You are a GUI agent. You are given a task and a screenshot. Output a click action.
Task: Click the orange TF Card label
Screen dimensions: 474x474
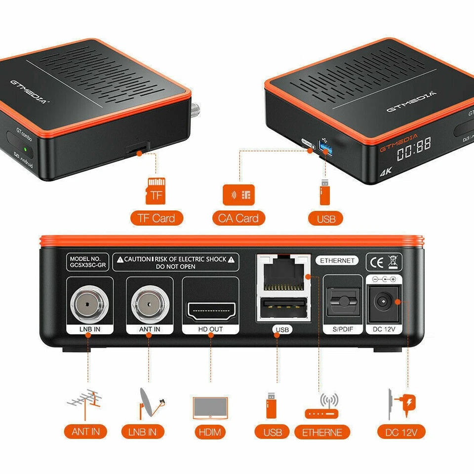click(x=157, y=218)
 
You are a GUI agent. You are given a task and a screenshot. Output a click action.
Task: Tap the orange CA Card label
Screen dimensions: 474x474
click(x=239, y=218)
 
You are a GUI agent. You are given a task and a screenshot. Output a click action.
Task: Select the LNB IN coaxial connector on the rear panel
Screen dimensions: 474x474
click(x=88, y=303)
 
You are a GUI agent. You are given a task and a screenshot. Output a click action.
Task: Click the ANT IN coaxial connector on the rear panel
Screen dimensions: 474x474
click(x=150, y=303)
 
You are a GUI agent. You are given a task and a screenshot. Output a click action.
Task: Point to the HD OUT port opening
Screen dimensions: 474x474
click(x=211, y=310)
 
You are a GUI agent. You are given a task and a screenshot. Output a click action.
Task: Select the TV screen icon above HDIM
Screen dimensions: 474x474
click(x=210, y=408)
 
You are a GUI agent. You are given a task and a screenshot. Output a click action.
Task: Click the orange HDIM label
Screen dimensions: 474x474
click(x=210, y=432)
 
